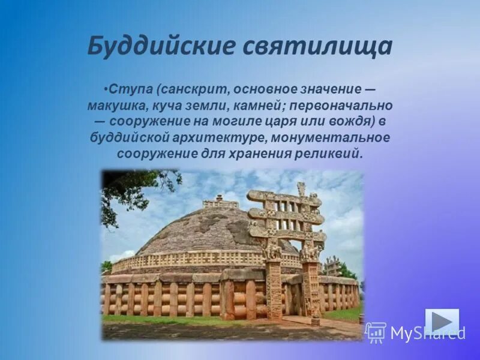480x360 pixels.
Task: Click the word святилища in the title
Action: (x=313, y=46)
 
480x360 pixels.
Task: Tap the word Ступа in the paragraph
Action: (x=130, y=89)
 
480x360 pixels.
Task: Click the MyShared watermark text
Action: (x=427, y=333)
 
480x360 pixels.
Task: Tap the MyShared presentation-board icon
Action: (x=376, y=332)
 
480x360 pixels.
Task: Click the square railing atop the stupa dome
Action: (x=220, y=203)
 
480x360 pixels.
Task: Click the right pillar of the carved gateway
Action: (x=311, y=288)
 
